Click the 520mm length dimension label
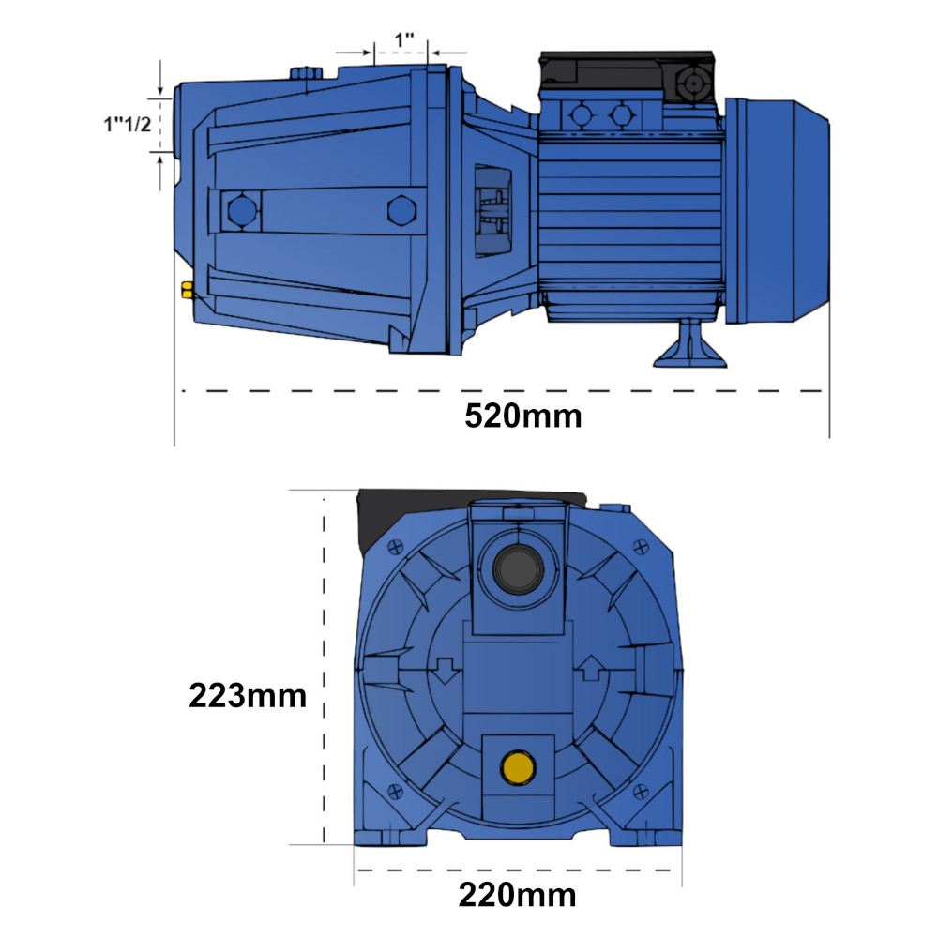pos(522,416)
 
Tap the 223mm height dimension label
pos(248,695)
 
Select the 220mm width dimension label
pos(518,895)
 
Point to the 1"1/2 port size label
pos(128,125)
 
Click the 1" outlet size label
pos(404,40)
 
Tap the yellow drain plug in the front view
pos(518,767)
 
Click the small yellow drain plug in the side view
pos(188,290)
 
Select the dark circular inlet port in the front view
pos(519,567)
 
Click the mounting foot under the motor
pos(689,343)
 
